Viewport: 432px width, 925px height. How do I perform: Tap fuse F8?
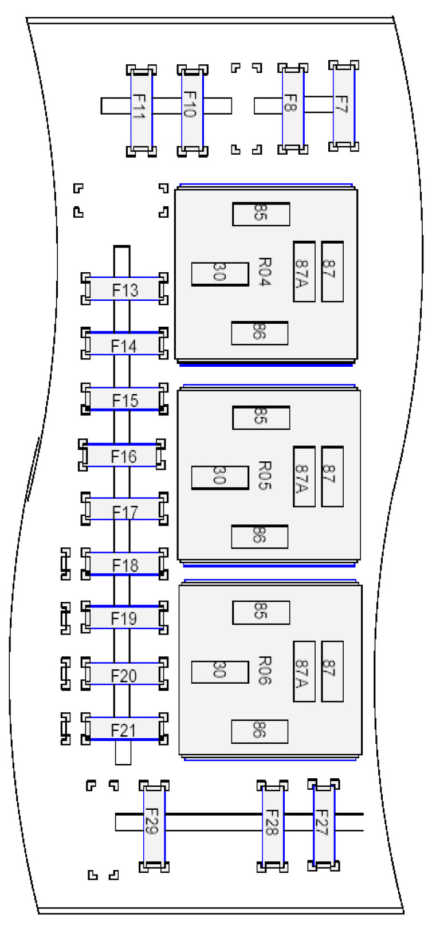pos(293,108)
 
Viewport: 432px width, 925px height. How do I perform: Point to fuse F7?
pos(344,105)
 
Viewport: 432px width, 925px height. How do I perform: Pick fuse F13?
pos(124,289)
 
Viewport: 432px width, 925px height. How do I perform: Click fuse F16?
pos(122,456)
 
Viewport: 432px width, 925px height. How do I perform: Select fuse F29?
pos(154,826)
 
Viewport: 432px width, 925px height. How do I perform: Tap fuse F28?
pos(273,826)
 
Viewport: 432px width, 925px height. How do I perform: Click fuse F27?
pos(324,824)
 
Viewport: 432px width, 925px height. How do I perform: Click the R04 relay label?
pos(264,272)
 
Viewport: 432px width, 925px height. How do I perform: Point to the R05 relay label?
pos(264,476)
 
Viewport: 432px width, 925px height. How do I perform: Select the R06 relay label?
pos(264,671)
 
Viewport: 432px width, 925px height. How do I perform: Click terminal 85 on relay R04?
pos(261,214)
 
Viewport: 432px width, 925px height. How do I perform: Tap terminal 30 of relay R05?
pos(219,477)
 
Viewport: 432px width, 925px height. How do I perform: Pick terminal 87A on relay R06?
pos(304,671)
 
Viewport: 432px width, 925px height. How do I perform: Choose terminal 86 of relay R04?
pos(260,333)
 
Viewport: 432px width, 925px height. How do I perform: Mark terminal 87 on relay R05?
pos(332,477)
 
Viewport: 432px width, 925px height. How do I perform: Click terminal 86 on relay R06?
pos(260,731)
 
